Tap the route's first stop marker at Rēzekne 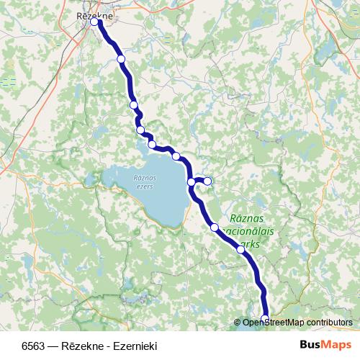coord(94,22)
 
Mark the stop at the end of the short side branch coord(207,181)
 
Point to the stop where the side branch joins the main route coord(192,182)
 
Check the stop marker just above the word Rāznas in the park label coord(215,228)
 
